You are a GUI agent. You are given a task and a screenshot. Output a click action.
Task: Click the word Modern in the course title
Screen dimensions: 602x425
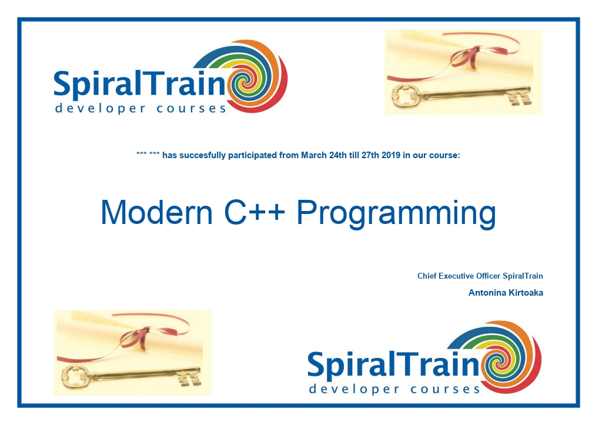[x=156, y=212]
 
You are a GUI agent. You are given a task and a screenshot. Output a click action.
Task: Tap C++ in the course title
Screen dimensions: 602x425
[x=255, y=212]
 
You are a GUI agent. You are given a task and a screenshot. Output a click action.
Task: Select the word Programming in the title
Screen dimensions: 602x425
[x=397, y=214]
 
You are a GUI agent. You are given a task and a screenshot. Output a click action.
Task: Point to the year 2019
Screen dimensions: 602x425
[x=391, y=155]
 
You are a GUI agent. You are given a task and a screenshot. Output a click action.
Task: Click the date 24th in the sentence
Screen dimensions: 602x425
[x=338, y=155]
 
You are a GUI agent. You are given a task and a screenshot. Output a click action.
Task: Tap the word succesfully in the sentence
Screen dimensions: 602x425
[x=202, y=156]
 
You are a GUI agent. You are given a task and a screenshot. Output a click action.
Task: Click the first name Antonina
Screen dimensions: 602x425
[x=487, y=293]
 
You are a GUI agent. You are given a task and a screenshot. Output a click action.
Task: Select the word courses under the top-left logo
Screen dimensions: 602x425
[x=191, y=108]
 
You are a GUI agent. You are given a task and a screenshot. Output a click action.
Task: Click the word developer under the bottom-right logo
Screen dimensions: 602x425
[x=349, y=389]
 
